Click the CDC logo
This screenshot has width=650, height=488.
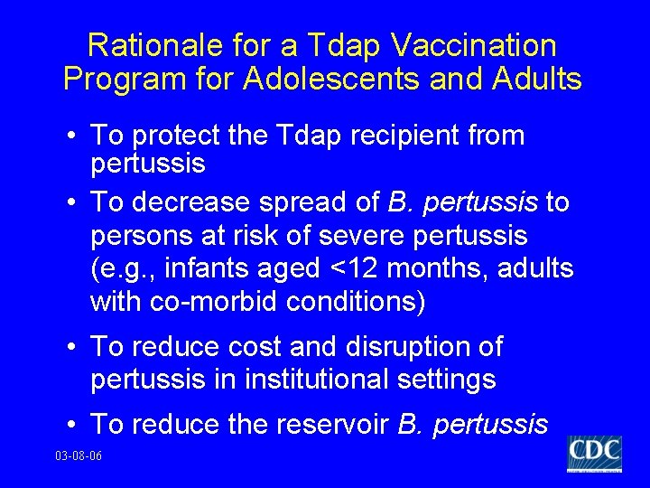(594, 453)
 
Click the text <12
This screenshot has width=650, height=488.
(360, 268)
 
